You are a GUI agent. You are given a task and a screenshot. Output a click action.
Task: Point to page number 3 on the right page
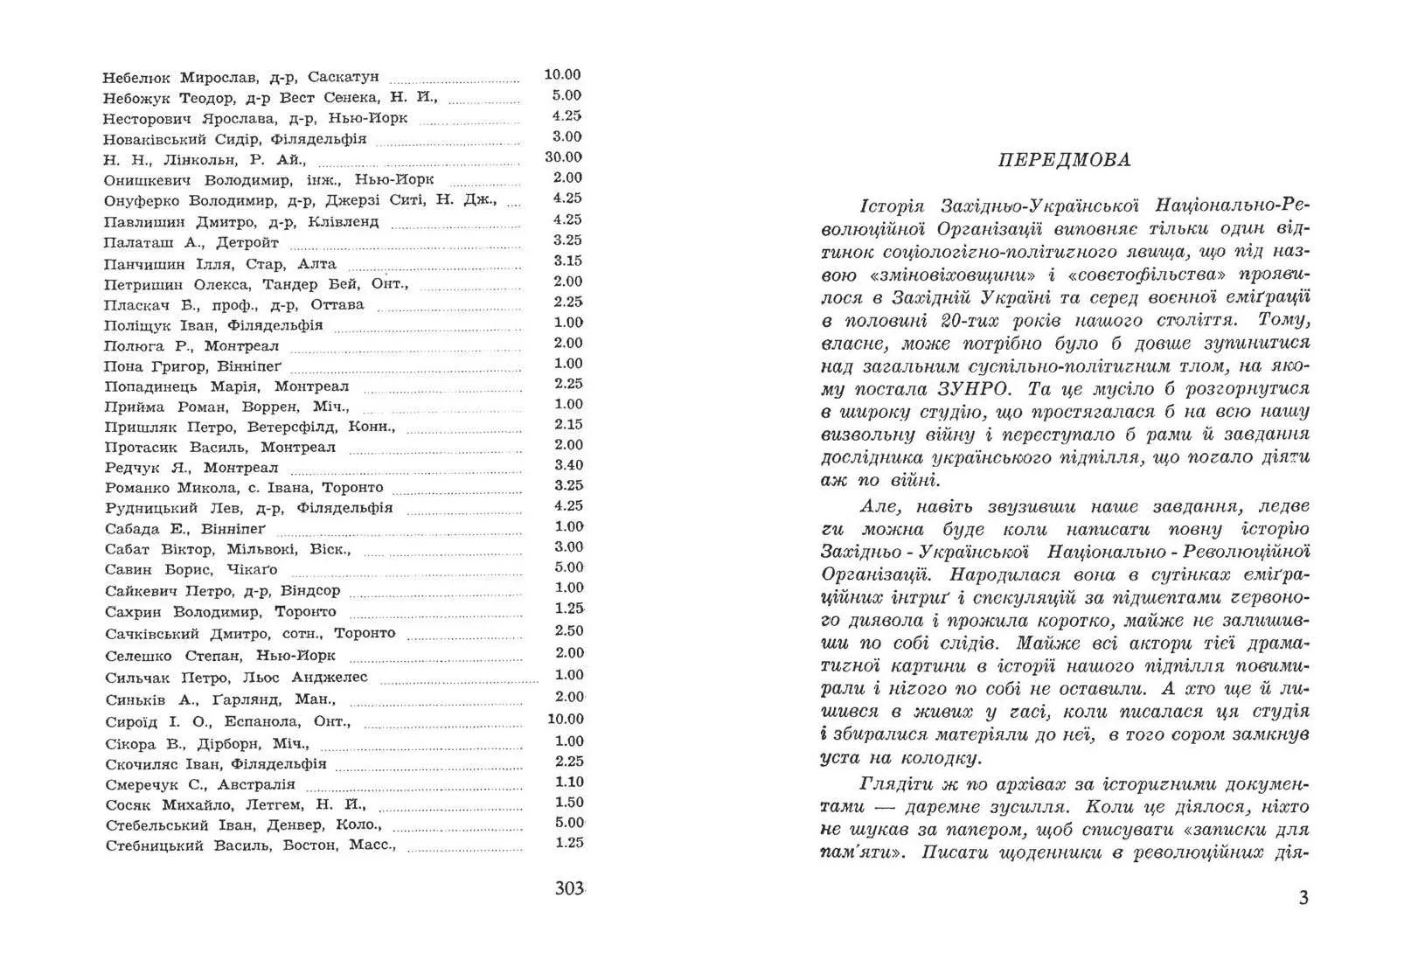1303,898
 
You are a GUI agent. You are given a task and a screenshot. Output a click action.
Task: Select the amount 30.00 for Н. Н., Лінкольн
563,157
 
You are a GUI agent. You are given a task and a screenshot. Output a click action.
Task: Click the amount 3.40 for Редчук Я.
568,465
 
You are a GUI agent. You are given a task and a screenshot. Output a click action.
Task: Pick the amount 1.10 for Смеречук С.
569,783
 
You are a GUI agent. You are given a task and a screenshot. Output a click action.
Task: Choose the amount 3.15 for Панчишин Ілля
567,261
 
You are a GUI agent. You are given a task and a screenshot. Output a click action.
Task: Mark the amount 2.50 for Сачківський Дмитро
569,630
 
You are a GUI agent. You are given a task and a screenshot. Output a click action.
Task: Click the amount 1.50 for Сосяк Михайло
569,803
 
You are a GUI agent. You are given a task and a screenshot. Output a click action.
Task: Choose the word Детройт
247,242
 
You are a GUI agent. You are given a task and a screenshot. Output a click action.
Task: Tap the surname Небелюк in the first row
136,77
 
